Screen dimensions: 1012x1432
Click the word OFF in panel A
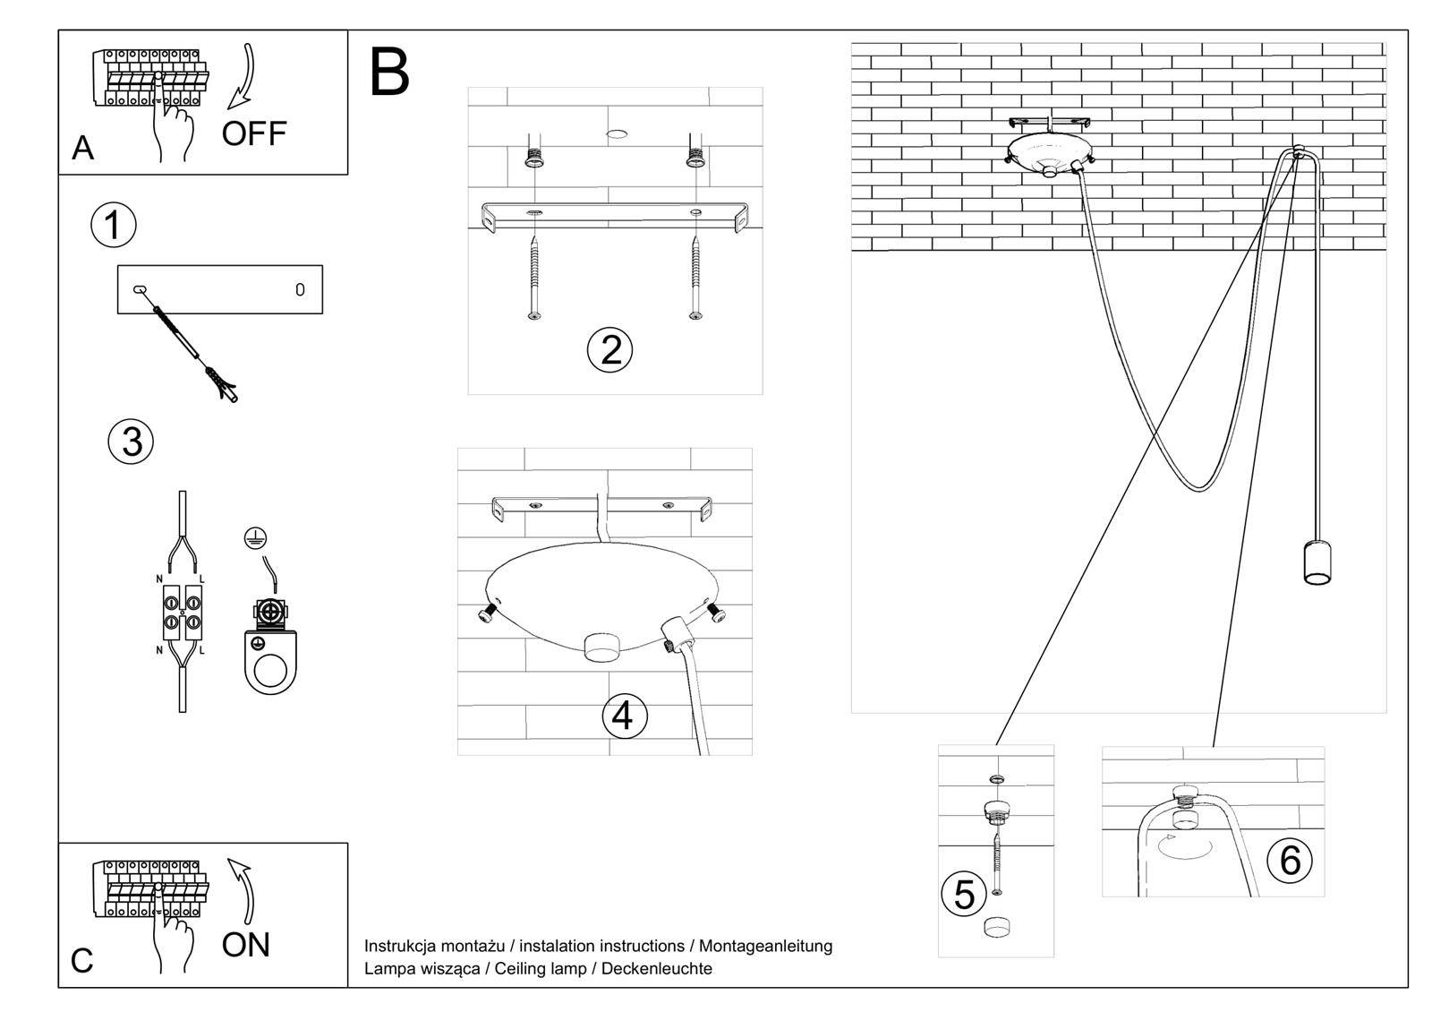pos(254,134)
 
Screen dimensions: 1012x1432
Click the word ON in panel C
pos(245,945)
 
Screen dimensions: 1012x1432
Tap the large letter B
pos(389,73)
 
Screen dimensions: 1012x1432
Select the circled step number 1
pos(114,225)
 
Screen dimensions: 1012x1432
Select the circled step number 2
pos(609,349)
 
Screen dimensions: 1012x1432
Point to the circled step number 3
pos(132,442)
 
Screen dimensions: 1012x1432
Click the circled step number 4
pos(623,716)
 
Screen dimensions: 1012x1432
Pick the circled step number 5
pos(964,894)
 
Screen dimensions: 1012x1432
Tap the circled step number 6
pos(1290,860)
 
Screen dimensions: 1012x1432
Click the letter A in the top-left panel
pos(82,149)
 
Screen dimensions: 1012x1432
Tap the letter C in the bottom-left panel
pos(81,961)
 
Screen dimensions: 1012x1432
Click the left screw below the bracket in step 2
pos(534,278)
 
